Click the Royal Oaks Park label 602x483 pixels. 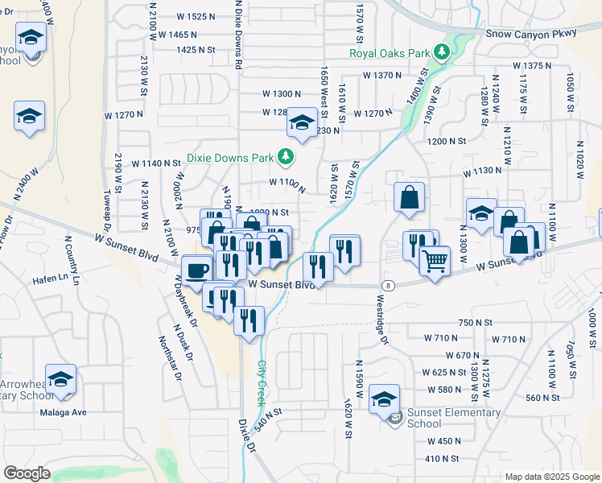pos(390,54)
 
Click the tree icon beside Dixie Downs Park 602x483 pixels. pos(284,157)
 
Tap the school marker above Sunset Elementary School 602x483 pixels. pos(384,398)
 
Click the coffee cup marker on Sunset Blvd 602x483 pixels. pos(196,270)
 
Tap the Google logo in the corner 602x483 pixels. pos(27,473)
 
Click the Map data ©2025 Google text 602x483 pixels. pos(552,477)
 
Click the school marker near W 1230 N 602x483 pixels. pos(302,122)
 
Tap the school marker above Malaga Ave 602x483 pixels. pos(60,379)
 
